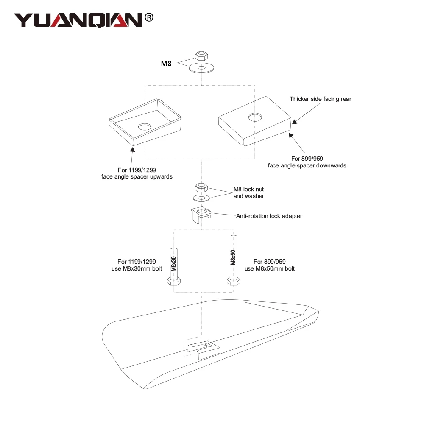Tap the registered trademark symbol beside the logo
click(149, 17)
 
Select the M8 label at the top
click(166, 64)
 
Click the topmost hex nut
click(201, 56)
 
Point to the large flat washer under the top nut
click(201, 68)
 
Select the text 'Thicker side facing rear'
click(321, 99)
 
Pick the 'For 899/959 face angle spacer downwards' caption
click(307, 162)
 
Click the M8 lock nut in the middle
click(201, 187)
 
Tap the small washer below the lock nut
click(201, 198)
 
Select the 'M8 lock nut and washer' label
click(249, 192)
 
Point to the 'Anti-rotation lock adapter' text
click(269, 216)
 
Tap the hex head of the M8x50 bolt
click(233, 282)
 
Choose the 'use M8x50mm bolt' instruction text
click(270, 269)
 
